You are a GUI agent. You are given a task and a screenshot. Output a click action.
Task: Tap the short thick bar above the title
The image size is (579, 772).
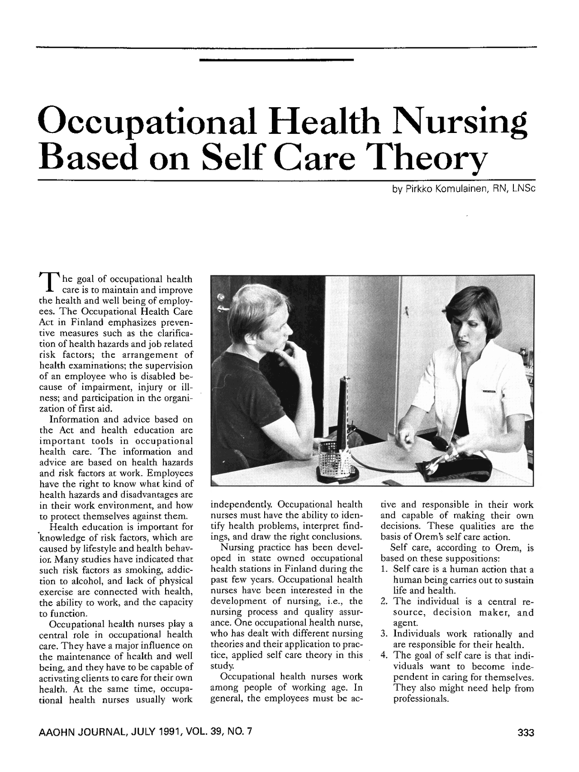point(276,59)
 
